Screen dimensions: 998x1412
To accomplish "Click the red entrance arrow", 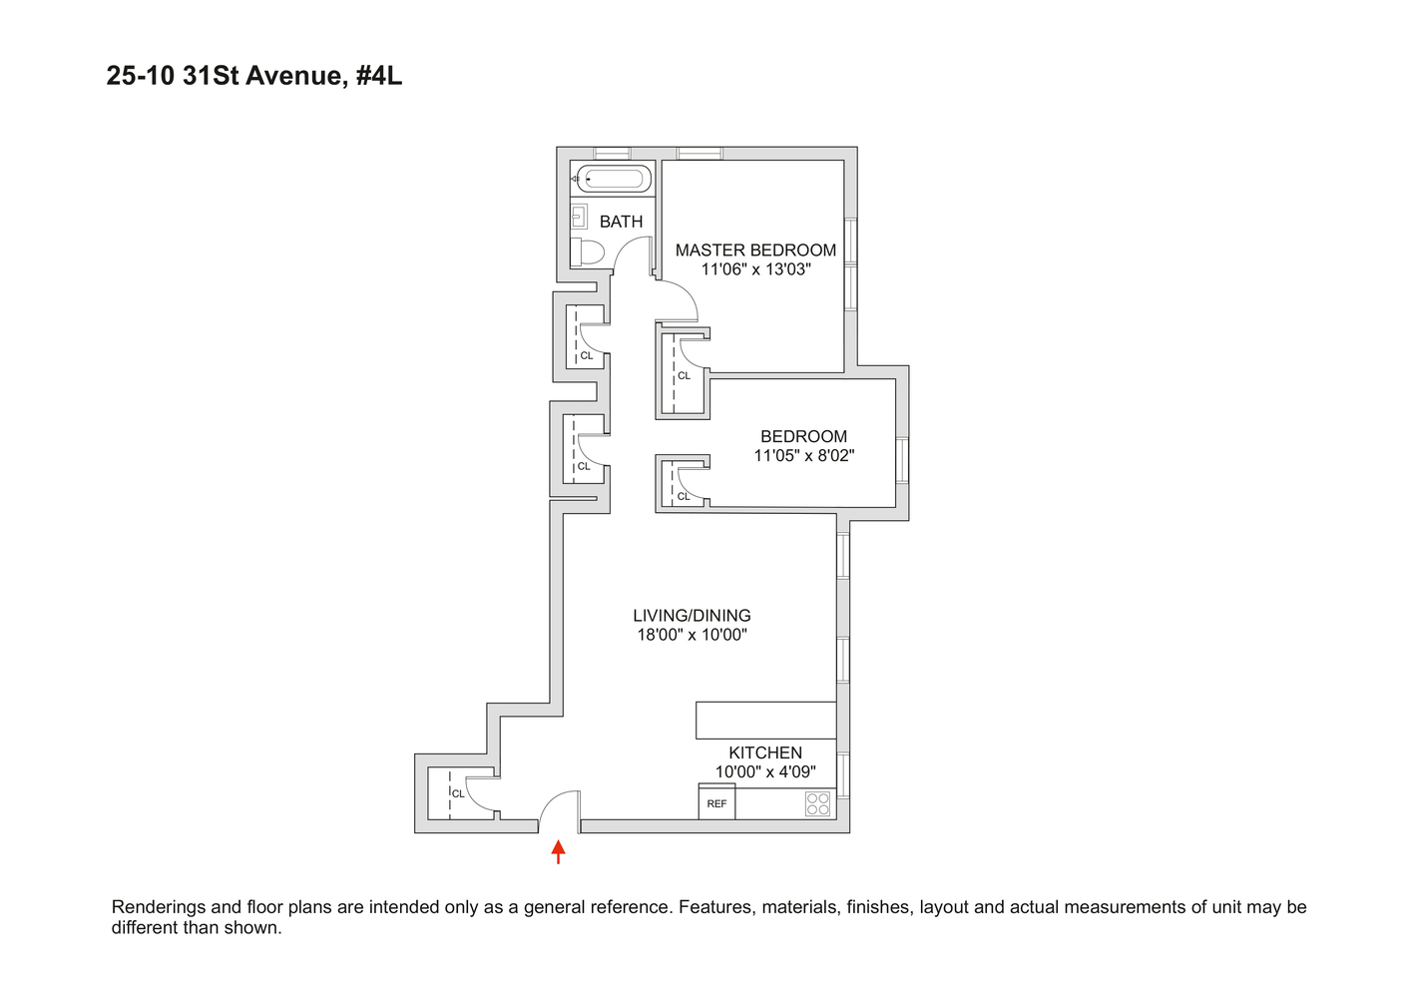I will [559, 851].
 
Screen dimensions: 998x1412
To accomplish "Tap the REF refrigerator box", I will [716, 802].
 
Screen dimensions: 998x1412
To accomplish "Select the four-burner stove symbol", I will [817, 803].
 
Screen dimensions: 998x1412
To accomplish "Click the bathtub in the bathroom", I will [613, 180].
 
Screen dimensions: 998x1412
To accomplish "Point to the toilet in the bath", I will [588, 251].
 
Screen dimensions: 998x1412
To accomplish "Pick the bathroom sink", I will [579, 216].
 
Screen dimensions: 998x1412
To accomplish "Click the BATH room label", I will [621, 222].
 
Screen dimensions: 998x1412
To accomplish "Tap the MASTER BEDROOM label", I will [755, 250].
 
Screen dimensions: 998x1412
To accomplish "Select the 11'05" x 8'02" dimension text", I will [803, 456].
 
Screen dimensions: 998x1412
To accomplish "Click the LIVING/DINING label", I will [692, 616].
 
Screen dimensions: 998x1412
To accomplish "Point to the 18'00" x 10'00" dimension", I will [692, 635].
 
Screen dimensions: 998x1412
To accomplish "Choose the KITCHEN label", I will [765, 752].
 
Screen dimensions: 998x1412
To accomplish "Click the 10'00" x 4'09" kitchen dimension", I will [765, 771].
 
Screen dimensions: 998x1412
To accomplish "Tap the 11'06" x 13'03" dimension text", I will [755, 269].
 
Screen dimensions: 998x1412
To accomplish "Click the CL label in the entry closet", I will [458, 793].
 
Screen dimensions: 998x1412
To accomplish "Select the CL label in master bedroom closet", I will [684, 376].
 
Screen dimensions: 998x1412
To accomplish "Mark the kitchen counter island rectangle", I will [765, 720].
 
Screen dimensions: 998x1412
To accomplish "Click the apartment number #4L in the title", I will [378, 76].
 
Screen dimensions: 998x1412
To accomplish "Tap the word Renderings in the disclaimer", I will [160, 907].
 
